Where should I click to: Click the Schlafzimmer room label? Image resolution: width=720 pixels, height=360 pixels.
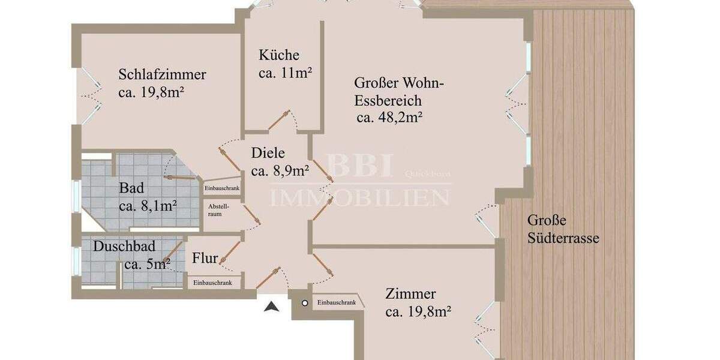click(x=162, y=75)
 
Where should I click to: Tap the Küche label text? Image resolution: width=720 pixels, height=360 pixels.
click(x=278, y=55)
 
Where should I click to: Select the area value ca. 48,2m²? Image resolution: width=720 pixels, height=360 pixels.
click(x=389, y=117)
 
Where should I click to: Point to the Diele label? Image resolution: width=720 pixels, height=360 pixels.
click(x=268, y=153)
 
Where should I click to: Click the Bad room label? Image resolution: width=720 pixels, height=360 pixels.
click(x=131, y=188)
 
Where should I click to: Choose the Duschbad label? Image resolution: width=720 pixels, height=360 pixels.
click(x=124, y=246)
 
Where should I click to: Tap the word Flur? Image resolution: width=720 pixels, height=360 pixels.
click(x=204, y=259)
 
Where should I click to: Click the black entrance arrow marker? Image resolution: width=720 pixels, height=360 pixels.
click(x=272, y=307)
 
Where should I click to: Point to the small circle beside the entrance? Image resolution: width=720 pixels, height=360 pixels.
click(x=305, y=304)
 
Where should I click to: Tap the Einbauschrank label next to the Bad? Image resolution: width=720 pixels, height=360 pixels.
click(x=222, y=188)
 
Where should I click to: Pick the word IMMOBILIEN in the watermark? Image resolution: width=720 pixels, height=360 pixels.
click(x=359, y=197)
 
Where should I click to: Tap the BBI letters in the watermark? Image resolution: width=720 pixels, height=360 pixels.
click(x=360, y=166)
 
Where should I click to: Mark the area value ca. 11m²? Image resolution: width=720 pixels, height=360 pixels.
click(x=285, y=74)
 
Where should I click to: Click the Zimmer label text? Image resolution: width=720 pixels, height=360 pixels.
click(x=410, y=295)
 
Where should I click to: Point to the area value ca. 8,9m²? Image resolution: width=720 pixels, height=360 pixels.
click(x=280, y=172)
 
